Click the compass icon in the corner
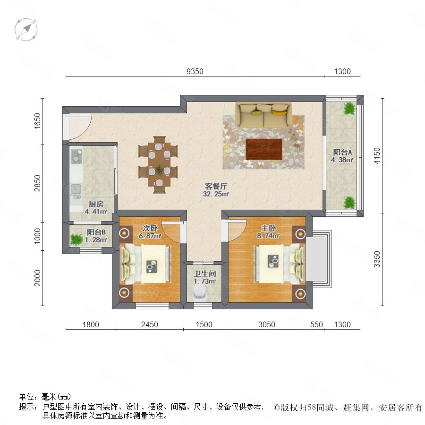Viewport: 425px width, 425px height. (26, 29)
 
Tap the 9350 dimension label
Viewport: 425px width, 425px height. (195, 71)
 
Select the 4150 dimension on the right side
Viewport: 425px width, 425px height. (377, 155)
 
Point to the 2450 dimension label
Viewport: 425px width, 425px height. (150, 324)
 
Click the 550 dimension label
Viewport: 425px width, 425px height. (316, 324)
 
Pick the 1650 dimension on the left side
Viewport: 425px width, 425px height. (37, 121)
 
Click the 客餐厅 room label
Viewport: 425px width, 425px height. (216, 186)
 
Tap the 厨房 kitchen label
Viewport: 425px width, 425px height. (96, 204)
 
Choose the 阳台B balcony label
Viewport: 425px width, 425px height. (96, 232)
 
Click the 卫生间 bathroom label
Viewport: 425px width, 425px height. (204, 274)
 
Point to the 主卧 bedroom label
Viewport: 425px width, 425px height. (268, 228)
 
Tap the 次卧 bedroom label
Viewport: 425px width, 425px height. (150, 228)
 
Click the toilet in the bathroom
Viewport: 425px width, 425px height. (199, 294)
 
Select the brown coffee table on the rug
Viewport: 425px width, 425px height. (263, 149)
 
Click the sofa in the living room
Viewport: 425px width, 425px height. (263, 115)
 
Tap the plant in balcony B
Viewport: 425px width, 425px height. (76, 239)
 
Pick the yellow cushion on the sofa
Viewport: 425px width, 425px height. (280, 112)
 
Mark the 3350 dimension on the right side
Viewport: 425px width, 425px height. (377, 259)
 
